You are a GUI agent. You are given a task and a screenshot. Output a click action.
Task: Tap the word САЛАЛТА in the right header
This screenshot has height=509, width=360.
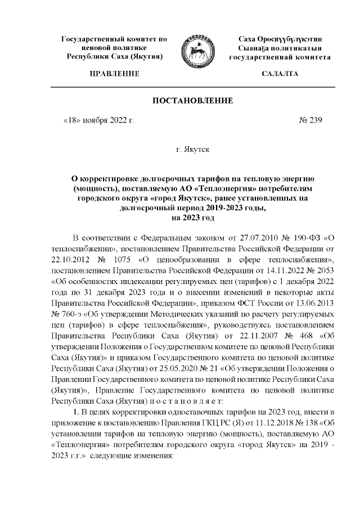(x=280, y=74)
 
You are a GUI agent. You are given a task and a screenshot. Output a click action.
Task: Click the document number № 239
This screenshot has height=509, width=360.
(x=309, y=120)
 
